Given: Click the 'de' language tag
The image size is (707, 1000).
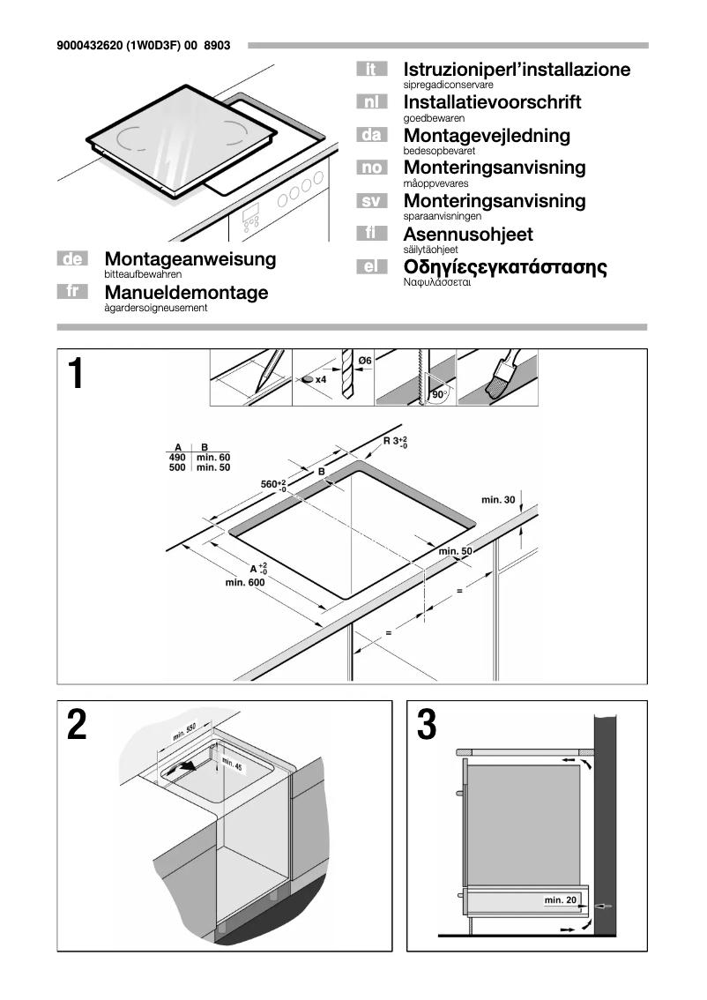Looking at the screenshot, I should pyautogui.click(x=74, y=259).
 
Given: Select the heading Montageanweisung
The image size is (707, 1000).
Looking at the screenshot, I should pyautogui.click(x=190, y=259).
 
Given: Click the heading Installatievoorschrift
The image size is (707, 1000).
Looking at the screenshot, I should pyautogui.click(x=492, y=102).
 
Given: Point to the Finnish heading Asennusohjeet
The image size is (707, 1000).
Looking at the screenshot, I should pyautogui.click(x=467, y=235).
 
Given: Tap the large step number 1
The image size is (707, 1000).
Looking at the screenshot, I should pyautogui.click(x=77, y=375).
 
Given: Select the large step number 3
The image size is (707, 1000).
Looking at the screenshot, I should pyautogui.click(x=426, y=726).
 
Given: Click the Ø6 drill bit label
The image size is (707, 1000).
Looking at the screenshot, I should pyautogui.click(x=364, y=360).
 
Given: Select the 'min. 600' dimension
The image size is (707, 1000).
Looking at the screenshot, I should pyautogui.click(x=245, y=582).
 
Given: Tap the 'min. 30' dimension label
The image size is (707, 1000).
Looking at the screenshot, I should pyautogui.click(x=498, y=500).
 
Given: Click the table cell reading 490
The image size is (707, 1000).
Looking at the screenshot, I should pyautogui.click(x=177, y=457).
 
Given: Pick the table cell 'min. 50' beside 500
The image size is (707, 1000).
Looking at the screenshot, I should pyautogui.click(x=213, y=467).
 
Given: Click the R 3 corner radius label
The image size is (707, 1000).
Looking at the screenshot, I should pyautogui.click(x=394, y=441).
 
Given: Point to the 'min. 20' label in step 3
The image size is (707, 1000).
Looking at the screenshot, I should pyautogui.click(x=561, y=899).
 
